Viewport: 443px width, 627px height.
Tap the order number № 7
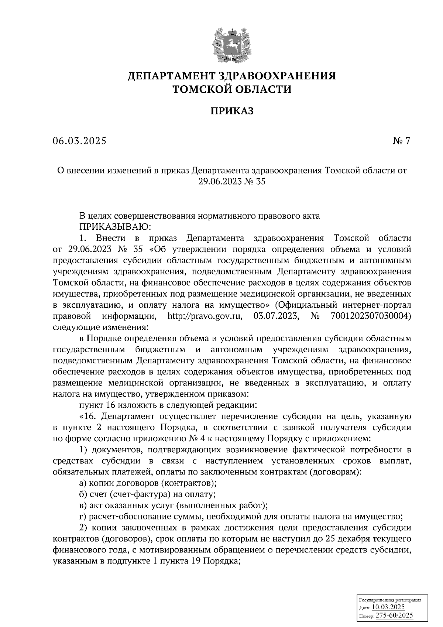pos(401,141)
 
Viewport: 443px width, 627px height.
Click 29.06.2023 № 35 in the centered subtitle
pos(232,182)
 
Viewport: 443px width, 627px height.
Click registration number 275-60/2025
pos(394,616)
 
